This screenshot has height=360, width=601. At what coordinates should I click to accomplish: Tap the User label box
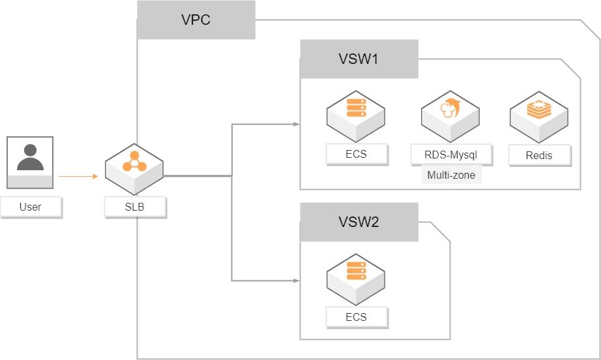click(31, 207)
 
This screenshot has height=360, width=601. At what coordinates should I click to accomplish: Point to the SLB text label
click(134, 207)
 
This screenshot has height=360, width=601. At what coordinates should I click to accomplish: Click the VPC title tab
click(196, 20)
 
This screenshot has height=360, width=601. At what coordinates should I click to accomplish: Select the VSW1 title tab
click(359, 59)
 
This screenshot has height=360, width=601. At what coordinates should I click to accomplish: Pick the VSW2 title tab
click(359, 222)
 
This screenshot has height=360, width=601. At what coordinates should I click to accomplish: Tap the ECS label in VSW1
click(357, 155)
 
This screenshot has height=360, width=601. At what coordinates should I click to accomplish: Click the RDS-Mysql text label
click(451, 155)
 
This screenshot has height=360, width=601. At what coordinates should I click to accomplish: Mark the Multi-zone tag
click(451, 175)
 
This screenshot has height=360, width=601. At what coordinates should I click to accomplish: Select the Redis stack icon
click(538, 113)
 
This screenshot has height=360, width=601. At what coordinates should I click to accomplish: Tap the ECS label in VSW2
click(357, 318)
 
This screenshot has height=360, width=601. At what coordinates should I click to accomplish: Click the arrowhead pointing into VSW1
click(297, 124)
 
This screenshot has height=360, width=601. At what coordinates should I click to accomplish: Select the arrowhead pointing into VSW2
click(297, 280)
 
